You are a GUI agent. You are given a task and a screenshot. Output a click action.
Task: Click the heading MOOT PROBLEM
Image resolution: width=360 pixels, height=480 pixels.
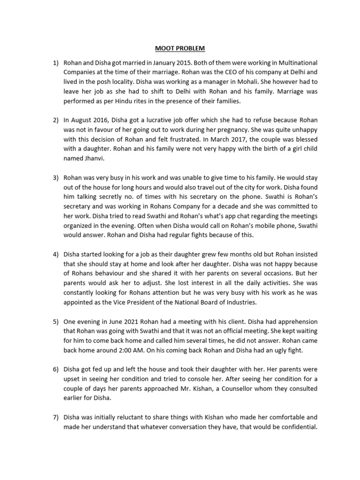pyautogui.click(x=180, y=48)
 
